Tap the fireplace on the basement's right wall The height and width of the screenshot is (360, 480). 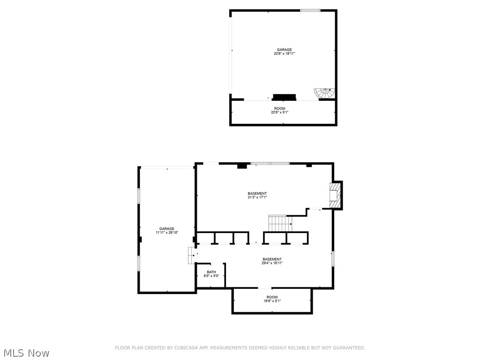tap(334, 195)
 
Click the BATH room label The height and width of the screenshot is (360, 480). tap(211, 272)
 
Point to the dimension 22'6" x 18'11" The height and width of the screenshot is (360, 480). tap(284, 54)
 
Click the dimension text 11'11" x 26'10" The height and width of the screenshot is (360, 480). tap(166, 232)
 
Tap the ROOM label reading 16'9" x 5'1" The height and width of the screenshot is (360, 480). tap(272, 297)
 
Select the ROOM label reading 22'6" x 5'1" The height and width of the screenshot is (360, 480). tap(279, 109)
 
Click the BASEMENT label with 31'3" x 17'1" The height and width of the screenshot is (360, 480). tap(257, 194)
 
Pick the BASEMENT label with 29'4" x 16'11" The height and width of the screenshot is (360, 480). tap(272, 259)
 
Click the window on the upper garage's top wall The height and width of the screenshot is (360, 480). tap(310, 10)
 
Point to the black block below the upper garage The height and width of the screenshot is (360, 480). tap(285, 97)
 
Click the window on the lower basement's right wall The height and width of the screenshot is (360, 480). tap(333, 259)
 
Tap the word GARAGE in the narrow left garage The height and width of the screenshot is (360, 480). tap(166, 229)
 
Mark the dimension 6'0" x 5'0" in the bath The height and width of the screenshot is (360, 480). tap(211, 276)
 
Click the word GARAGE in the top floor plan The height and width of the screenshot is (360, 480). tap(284, 50)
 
